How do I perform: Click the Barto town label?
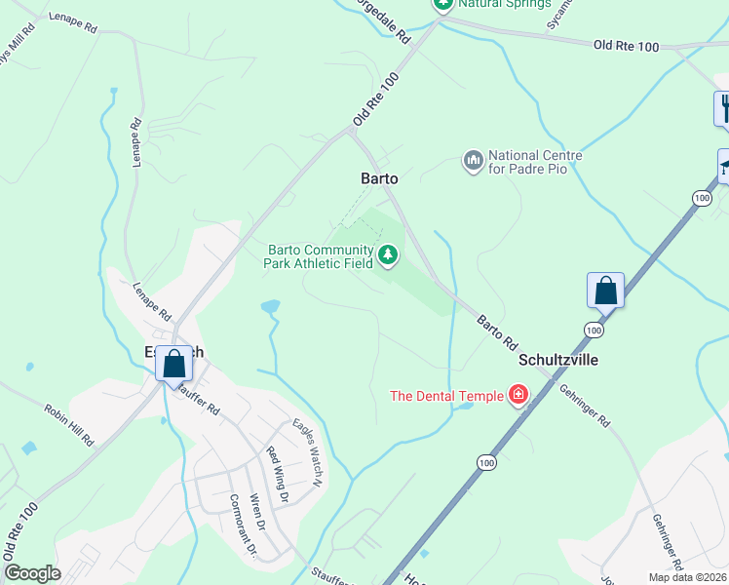[379, 178]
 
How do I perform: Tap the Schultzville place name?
[557, 360]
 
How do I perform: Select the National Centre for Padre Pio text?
[535, 162]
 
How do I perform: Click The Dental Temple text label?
[446, 396]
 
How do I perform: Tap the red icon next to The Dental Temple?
[518, 395]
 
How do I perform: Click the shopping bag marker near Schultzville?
[605, 291]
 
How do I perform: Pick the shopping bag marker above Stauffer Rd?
[173, 365]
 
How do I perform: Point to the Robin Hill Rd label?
[69, 423]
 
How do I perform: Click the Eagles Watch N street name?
[308, 450]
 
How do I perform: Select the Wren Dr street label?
[257, 510]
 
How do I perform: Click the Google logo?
[32, 573]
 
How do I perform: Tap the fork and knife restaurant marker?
[723, 107]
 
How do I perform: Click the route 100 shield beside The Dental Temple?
[485, 462]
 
